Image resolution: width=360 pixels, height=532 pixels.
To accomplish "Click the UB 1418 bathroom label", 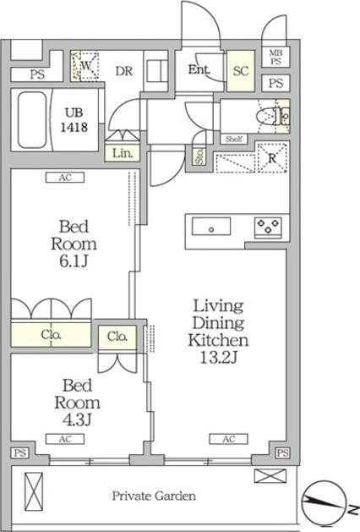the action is point(74,120).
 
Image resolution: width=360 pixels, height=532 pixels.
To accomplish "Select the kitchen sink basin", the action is point(211,227).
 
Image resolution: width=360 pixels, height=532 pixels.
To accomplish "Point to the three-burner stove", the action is point(268,227).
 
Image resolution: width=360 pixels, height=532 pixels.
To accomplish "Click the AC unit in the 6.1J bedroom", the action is point(65,178).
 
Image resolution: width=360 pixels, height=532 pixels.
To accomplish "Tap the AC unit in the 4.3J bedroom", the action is point(65,439).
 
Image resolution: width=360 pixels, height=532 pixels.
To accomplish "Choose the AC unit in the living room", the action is point(228,439).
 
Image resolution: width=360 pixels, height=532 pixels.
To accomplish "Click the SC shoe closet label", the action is point(241,71).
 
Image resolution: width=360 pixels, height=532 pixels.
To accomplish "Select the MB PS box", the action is point(275,57).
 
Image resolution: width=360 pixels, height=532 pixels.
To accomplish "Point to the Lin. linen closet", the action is point(122,153).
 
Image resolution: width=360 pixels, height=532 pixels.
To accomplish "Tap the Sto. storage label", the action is point(199,156).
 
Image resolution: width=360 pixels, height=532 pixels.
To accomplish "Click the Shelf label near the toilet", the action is point(233,139).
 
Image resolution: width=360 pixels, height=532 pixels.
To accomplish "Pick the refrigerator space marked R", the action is point(272,158).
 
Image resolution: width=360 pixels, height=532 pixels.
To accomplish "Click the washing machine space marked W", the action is point(85,66).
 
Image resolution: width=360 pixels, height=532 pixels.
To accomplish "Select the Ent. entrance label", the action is point(199,70).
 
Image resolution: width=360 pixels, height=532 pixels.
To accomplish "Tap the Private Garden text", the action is point(154,496).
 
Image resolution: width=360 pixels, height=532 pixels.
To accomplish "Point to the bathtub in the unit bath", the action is point(32,120).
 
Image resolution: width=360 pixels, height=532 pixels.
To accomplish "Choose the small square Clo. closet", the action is point(117,337).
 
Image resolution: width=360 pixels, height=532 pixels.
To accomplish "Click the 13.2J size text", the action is point(218,358).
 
